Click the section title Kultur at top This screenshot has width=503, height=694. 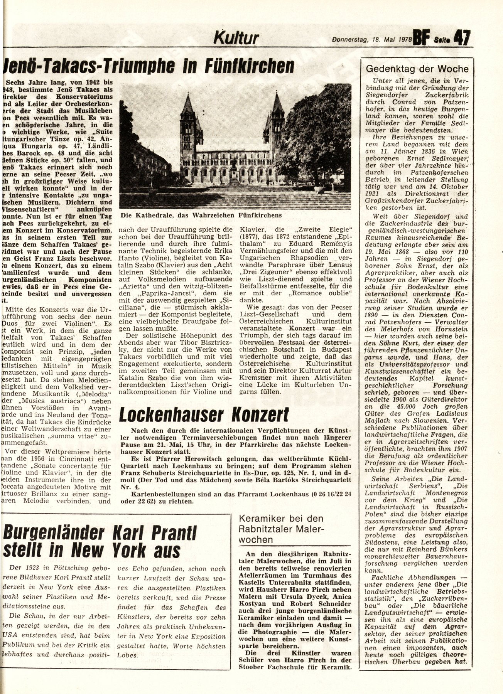pos(236,39)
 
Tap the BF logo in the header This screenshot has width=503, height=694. pos(422,39)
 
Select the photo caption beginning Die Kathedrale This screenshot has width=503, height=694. pos(201,215)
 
